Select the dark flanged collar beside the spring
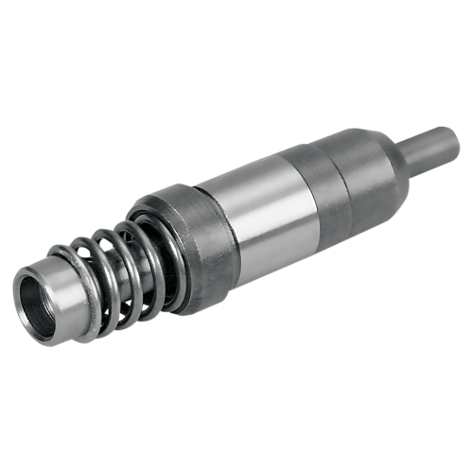pyautogui.click(x=194, y=246)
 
